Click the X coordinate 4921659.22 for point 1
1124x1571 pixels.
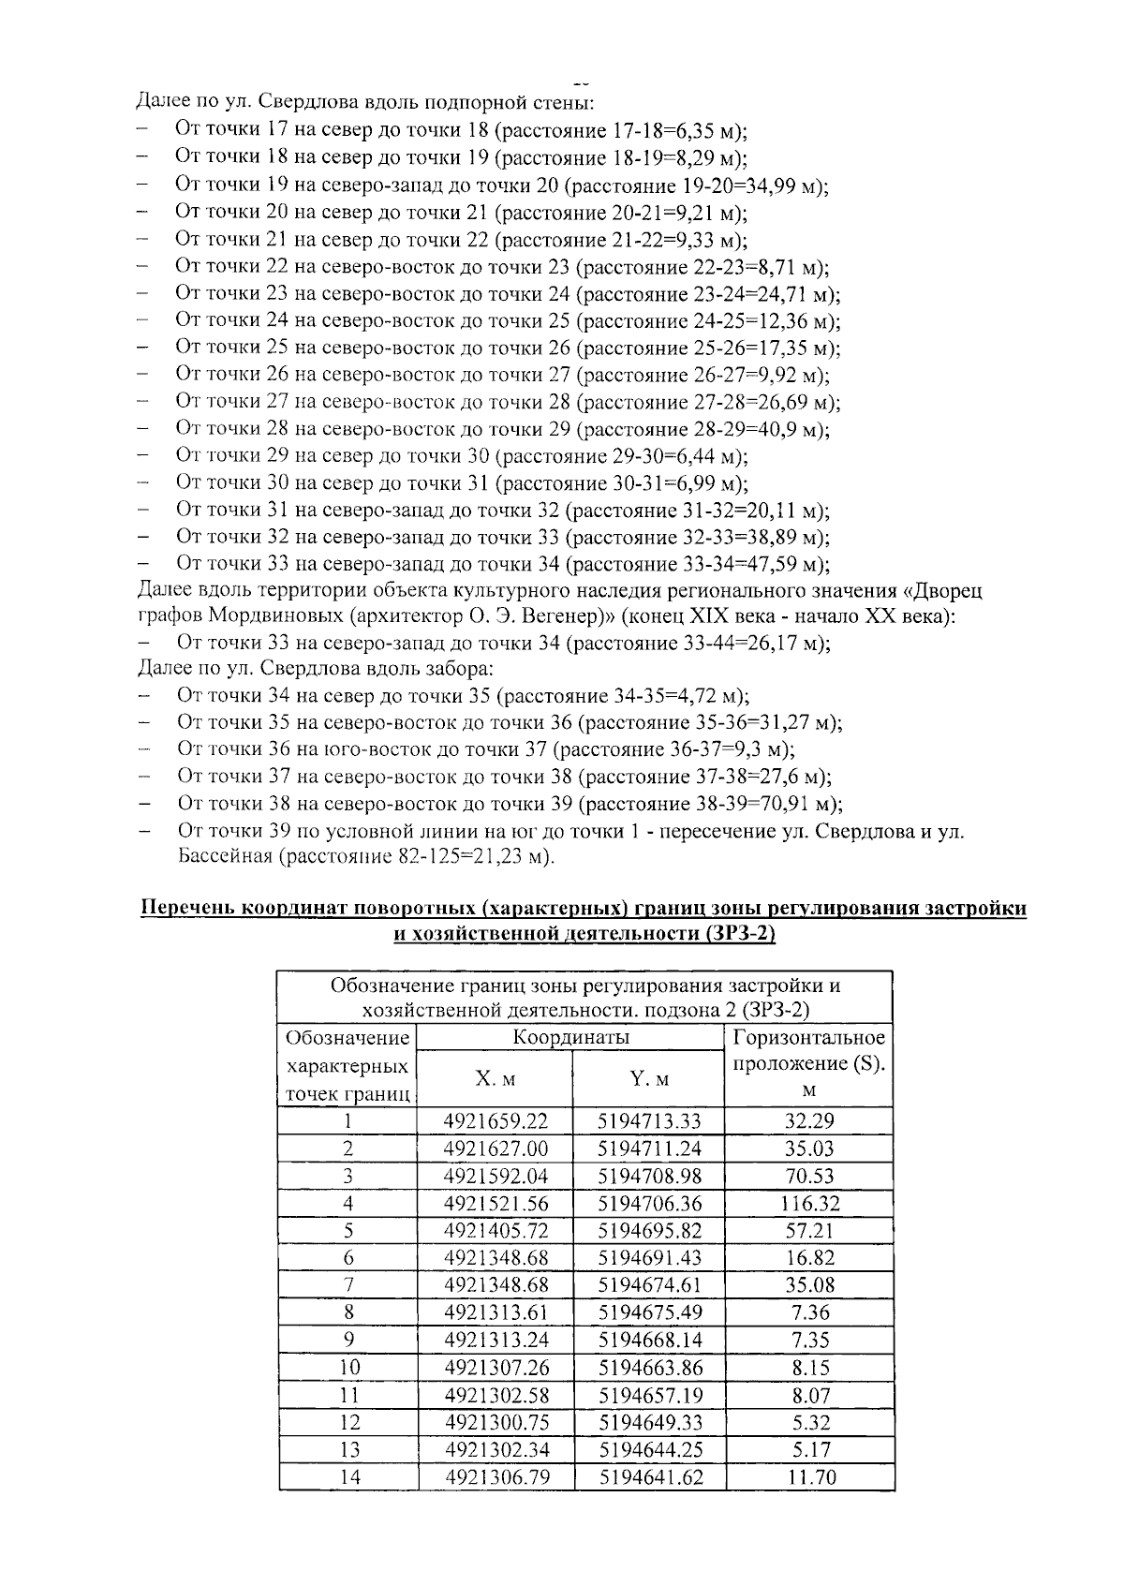495,1121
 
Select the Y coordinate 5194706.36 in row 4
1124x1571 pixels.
649,1203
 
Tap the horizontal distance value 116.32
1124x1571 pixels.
810,1203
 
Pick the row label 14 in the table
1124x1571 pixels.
348,1477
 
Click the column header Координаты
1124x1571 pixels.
570,1037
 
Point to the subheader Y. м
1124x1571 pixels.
649,1078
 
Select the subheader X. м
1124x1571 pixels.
495,1078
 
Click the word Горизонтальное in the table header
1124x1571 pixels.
809,1037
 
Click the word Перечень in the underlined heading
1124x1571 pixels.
186,908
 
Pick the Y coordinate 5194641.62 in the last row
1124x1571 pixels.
649,1477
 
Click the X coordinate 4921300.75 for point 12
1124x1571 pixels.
495,1423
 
